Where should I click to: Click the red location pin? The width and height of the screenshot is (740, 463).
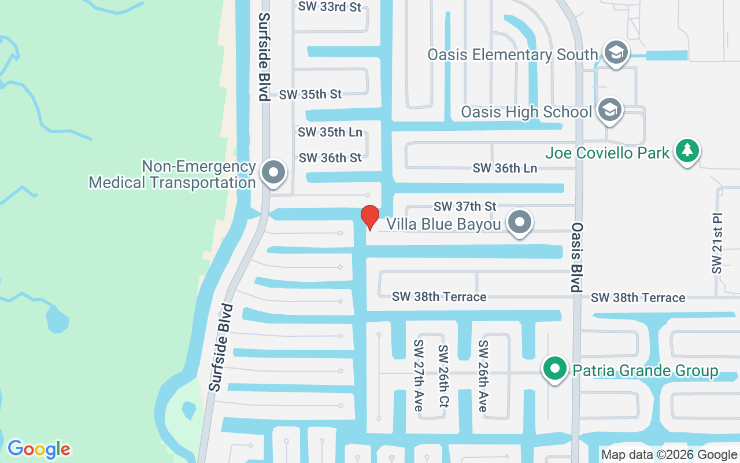pyautogui.click(x=370, y=217)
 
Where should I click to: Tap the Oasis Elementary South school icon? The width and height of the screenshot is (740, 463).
pyautogui.click(x=616, y=53)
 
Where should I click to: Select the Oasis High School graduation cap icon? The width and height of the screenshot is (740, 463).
pyautogui.click(x=609, y=109)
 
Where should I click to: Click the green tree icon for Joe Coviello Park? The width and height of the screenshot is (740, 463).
pyautogui.click(x=687, y=150)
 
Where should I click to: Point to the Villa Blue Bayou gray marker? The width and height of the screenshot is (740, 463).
pyautogui.click(x=520, y=222)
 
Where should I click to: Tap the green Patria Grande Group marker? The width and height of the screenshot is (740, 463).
pyautogui.click(x=556, y=368)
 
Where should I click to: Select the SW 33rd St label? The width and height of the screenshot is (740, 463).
pyautogui.click(x=330, y=7)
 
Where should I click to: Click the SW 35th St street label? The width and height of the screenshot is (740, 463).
pyautogui.click(x=310, y=94)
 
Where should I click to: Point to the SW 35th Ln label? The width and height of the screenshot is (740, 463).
pyautogui.click(x=330, y=132)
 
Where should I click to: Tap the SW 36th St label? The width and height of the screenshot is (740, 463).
pyautogui.click(x=330, y=157)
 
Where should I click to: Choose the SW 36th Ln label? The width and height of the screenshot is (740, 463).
pyautogui.click(x=505, y=168)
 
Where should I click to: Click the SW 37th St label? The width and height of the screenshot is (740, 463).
pyautogui.click(x=465, y=206)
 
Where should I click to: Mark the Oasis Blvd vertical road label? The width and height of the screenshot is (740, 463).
pyautogui.click(x=576, y=258)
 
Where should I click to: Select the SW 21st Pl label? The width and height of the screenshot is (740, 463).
pyautogui.click(x=717, y=243)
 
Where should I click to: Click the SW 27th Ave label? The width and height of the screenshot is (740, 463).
pyautogui.click(x=419, y=376)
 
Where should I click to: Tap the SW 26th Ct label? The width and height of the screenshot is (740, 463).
pyautogui.click(x=443, y=376)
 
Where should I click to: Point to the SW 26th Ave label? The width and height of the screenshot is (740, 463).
pyautogui.click(x=483, y=376)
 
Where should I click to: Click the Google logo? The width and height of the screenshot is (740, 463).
pyautogui.click(x=39, y=449)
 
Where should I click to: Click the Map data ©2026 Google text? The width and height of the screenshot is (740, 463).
pyautogui.click(x=669, y=455)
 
